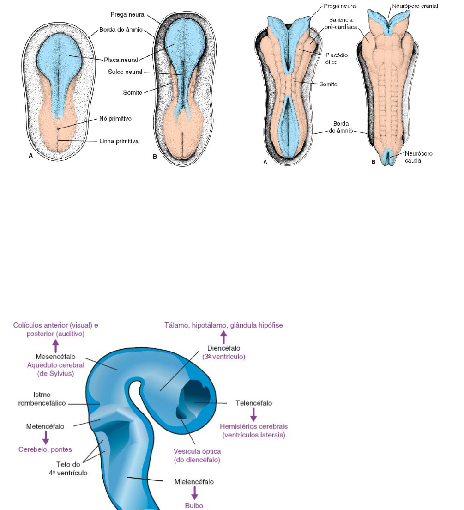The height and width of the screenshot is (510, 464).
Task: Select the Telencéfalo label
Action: click(x=253, y=403)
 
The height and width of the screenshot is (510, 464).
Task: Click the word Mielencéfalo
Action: click(x=194, y=481)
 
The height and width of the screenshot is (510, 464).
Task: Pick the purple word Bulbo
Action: click(x=194, y=505)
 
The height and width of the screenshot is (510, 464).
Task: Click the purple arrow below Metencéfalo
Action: click(x=45, y=437)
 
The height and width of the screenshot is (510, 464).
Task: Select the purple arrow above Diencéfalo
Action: click(x=224, y=337)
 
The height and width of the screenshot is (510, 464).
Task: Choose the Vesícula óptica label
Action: click(x=194, y=455)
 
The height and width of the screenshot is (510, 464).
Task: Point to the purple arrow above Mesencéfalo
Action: click(x=56, y=346)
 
